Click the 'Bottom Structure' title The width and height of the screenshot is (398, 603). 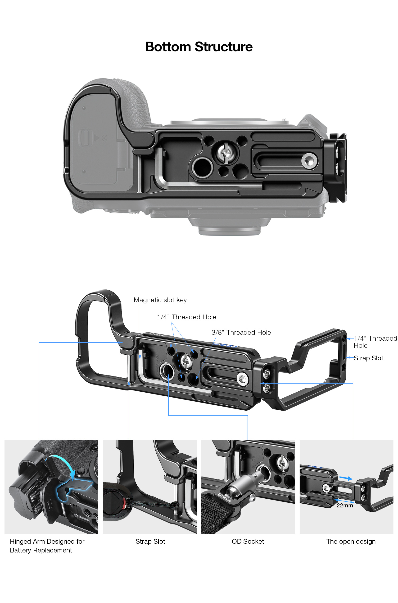pyautogui.click(x=199, y=47)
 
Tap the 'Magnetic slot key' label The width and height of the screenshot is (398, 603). pyautogui.click(x=160, y=300)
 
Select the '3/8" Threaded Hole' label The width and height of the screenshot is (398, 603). pyautogui.click(x=241, y=332)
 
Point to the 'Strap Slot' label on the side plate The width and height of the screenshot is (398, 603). pyautogui.click(x=368, y=358)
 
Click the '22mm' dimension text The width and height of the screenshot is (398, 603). pyautogui.click(x=345, y=506)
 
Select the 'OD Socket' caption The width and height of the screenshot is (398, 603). pyautogui.click(x=248, y=542)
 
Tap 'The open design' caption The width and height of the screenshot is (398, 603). pyautogui.click(x=351, y=542)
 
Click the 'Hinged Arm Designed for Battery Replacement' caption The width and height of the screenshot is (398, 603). pyautogui.click(x=47, y=546)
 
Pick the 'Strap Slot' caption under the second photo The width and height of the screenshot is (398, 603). pyautogui.click(x=150, y=542)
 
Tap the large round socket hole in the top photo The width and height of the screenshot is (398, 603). pyautogui.click(x=202, y=167)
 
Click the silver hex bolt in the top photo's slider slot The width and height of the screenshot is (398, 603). pyautogui.click(x=309, y=161)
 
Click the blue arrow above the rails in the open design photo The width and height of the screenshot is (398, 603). pyautogui.click(x=346, y=478)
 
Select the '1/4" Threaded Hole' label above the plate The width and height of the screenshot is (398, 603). pyautogui.click(x=187, y=317)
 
